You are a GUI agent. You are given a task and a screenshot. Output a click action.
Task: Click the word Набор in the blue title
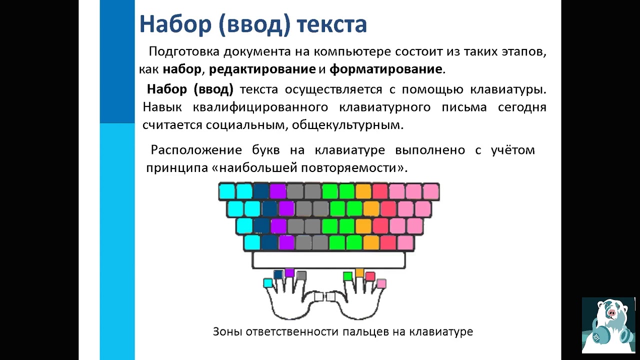click(175, 24)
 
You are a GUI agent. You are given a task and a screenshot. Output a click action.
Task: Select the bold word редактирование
click(262, 69)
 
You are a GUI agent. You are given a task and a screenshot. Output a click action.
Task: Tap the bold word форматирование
click(385, 69)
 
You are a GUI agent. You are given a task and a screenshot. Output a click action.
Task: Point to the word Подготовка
click(184, 51)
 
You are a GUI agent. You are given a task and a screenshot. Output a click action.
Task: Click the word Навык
click(162, 107)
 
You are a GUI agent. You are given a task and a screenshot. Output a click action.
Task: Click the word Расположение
click(196, 150)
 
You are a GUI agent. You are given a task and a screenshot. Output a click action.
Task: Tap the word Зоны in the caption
click(227, 331)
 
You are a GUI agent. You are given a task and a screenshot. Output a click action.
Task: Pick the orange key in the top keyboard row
click(363, 191)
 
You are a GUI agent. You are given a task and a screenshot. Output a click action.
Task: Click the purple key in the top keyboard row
click(278, 191)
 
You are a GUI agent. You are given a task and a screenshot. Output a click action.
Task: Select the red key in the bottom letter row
click(388, 243)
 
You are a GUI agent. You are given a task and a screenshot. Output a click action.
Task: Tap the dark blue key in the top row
click(261, 191)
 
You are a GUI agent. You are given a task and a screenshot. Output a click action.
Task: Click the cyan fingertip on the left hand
click(267, 283)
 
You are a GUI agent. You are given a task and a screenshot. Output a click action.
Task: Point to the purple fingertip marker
click(289, 273)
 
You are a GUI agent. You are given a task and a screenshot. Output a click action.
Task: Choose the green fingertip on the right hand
click(347, 276)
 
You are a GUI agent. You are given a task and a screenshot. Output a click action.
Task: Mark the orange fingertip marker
click(359, 272)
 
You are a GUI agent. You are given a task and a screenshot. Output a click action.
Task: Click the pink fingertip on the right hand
click(381, 283)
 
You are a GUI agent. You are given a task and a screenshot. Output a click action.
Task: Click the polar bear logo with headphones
click(608, 325)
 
